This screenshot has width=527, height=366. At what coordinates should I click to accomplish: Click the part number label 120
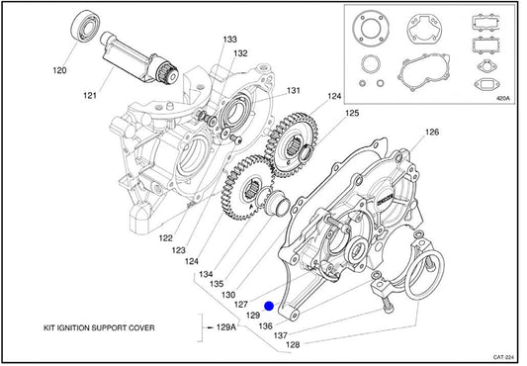point(60,70)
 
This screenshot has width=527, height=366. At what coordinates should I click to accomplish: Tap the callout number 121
point(90,96)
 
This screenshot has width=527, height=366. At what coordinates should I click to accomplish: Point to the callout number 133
point(230,40)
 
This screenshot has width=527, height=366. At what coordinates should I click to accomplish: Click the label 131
point(294,91)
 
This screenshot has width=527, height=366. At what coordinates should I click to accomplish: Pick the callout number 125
point(352,113)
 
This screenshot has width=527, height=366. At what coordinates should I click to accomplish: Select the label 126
point(432,133)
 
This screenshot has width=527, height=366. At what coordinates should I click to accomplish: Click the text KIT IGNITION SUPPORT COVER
point(99,328)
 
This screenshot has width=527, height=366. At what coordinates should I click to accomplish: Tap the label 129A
point(226,327)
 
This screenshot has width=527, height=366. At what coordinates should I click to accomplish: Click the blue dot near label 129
point(269,307)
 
